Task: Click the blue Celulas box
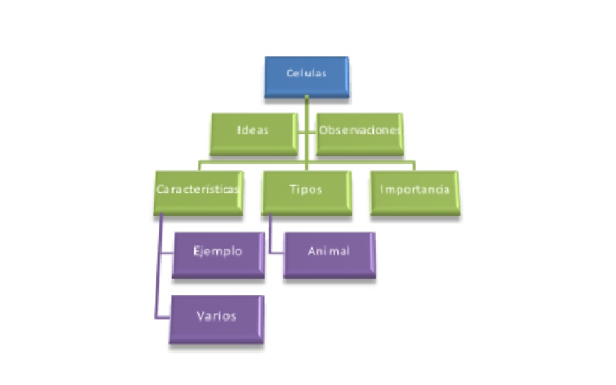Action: point(307,77)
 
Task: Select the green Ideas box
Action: point(253,134)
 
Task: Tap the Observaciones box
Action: point(361,134)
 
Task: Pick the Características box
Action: point(198,192)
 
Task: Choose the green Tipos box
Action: point(307,192)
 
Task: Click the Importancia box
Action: point(416,192)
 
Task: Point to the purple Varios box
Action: point(216,319)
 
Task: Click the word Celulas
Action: point(307,73)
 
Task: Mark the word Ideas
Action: point(252,131)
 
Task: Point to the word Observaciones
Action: point(361,131)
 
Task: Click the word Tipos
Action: point(307,190)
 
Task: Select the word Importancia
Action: point(416,190)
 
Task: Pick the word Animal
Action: point(329,251)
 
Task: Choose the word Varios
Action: point(217,315)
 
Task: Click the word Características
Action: point(198,190)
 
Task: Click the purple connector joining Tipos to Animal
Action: point(272,235)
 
